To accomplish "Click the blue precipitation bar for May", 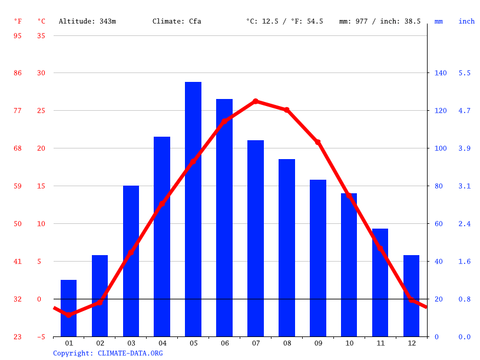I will pos(193,209).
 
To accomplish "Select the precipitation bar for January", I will pos(69,308).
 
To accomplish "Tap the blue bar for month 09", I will pos(318,258).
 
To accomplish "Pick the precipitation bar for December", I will pos(411,296).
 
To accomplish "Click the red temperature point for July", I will pos(256,101).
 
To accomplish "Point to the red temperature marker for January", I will pos(69,315).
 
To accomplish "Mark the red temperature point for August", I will pos(287,110).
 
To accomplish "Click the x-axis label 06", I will pos(224,343).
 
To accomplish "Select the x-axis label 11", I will pos(380,343).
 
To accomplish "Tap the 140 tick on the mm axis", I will pos(441,73).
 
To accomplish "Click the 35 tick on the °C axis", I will pos(41,35).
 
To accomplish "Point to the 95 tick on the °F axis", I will pos(18,35).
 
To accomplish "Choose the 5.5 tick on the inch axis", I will pos(465,73).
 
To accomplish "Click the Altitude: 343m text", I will pos(87,21).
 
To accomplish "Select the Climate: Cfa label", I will pos(177,21).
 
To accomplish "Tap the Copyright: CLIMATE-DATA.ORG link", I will pos(108,353).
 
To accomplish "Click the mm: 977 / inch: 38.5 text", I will pos(380,21).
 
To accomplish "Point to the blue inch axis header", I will pos(466,21).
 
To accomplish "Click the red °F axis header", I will pos(18,21).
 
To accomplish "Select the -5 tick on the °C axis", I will pos(41,336).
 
